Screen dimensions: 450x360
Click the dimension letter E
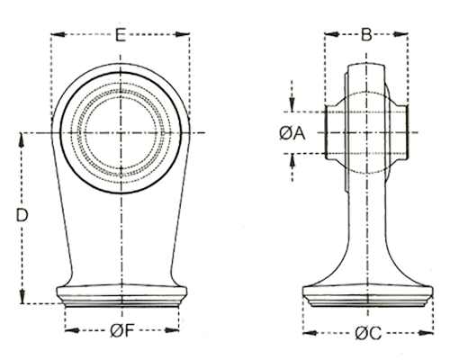coord(121,35)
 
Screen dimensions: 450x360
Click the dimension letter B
coord(366,34)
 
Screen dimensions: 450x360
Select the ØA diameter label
coord(292,133)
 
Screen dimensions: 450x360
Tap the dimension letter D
coord(22,215)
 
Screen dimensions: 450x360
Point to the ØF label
coord(121,330)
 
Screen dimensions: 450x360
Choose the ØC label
coord(368,333)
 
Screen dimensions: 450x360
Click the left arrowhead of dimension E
coord(58,34)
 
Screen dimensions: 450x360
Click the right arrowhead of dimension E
coord(183,34)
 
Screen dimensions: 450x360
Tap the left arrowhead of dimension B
coord(331,34)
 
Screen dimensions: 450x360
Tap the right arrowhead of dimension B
coord(400,34)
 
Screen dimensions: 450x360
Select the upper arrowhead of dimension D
coord(22,139)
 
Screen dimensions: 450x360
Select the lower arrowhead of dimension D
coord(22,296)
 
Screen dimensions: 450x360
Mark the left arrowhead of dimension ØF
coord(72,330)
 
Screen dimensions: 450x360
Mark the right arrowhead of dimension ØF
coord(172,330)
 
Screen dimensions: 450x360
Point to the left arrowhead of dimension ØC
coord(310,333)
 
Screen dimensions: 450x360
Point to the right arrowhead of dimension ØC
coord(426,333)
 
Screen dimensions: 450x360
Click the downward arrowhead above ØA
coord(292,104)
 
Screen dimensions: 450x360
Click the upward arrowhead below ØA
coord(292,161)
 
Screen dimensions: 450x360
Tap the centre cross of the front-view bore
coord(121,132)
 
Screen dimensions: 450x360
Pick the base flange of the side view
coord(368,296)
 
